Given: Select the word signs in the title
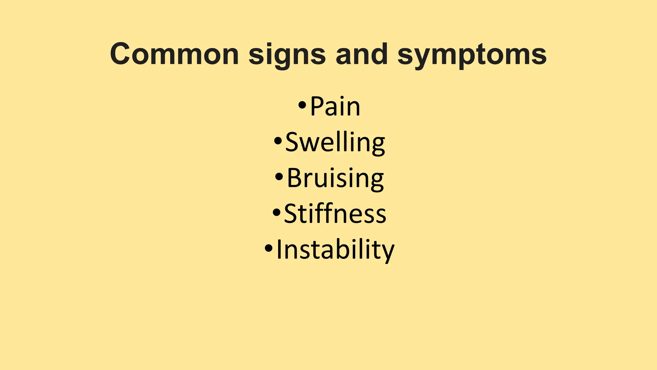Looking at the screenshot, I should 287,55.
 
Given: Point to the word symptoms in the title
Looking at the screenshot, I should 472,55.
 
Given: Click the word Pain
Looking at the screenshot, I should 335,107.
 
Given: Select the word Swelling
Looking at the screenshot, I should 335,143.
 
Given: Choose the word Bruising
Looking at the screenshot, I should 335,179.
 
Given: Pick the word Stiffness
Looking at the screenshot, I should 335,214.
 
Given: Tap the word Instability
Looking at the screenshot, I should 335,250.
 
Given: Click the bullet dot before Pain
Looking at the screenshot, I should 302,105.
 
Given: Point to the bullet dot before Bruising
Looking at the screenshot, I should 279,176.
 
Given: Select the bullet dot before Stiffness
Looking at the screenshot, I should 276,212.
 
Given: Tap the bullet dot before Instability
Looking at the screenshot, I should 269,248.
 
